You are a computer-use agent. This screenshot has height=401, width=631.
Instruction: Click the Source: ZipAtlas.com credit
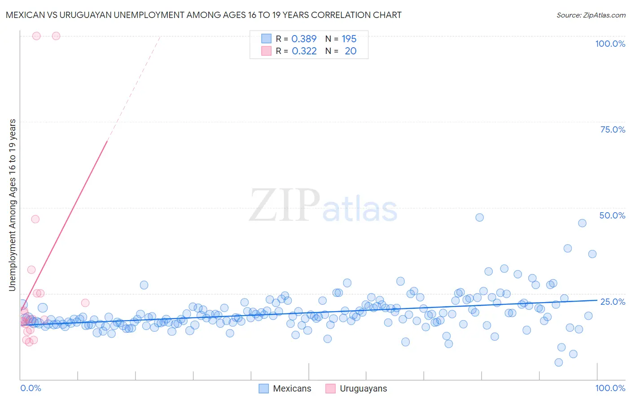(591, 15)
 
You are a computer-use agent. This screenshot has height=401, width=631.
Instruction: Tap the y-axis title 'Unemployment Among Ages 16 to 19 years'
(13, 205)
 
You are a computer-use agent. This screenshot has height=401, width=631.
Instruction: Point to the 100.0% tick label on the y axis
(610, 44)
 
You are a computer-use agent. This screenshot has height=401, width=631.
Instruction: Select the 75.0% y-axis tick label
(613, 129)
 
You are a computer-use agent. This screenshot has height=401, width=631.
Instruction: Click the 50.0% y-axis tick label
(612, 215)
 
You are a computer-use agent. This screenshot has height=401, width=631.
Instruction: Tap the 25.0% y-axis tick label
(613, 301)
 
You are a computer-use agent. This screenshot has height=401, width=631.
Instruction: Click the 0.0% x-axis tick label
(31, 388)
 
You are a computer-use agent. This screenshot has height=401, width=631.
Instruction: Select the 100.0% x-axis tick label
(610, 388)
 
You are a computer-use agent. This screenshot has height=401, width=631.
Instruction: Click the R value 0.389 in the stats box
(304, 39)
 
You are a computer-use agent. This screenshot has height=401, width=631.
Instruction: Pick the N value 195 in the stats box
(349, 39)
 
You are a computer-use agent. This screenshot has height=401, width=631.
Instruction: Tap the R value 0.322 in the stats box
(304, 51)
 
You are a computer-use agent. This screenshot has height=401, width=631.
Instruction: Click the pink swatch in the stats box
(266, 51)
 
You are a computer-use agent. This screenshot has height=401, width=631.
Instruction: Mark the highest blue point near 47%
(479, 217)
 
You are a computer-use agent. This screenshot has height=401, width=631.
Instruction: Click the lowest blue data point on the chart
(558, 362)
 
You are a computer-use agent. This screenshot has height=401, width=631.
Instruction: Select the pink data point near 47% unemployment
(35, 219)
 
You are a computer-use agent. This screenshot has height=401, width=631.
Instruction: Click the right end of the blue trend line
(597, 300)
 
